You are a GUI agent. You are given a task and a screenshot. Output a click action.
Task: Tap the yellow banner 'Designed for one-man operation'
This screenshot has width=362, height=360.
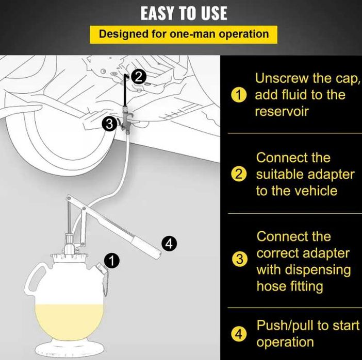click(184, 35)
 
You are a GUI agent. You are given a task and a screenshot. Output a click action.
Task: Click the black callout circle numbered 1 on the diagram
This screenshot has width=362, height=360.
click(112, 261)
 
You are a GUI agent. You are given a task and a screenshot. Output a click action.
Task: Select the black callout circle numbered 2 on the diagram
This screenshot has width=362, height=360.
click(139, 77)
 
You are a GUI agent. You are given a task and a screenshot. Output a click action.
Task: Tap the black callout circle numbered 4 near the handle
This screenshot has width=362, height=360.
click(169, 244)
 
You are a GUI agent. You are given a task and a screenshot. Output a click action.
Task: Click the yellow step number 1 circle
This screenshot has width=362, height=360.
click(239, 95)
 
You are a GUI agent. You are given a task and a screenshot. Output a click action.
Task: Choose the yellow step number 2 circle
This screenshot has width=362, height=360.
click(239, 175)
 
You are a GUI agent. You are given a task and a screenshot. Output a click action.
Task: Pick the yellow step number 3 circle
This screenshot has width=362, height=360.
click(240, 259)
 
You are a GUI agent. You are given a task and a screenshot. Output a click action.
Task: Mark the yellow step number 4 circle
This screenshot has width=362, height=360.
click(239, 334)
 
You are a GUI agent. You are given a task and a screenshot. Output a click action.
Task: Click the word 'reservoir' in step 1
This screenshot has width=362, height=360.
click(282, 112)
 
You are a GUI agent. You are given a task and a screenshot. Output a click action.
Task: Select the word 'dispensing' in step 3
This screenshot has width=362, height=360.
click(318, 270)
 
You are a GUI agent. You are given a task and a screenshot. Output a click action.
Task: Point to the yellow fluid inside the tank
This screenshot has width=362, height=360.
click(69, 322)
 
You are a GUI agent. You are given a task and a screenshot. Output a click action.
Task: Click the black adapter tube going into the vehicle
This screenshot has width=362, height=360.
click(125, 90)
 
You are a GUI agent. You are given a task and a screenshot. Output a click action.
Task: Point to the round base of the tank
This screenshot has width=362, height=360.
click(69, 348)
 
